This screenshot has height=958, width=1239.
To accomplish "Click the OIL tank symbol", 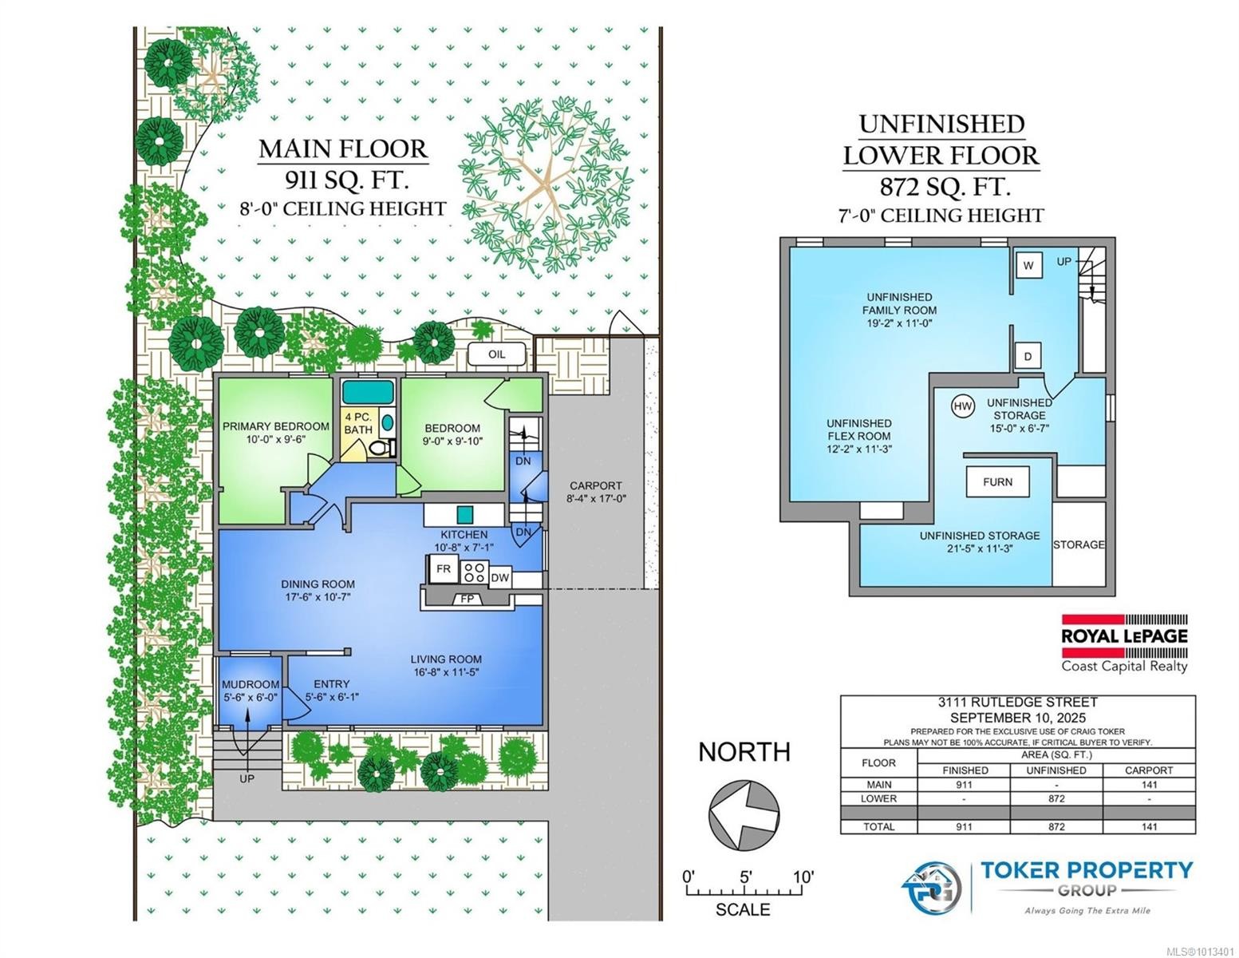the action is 496,354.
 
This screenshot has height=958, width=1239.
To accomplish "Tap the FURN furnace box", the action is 997,481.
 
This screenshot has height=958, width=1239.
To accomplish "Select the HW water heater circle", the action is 963,406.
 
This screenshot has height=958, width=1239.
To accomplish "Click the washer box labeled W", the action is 1028,265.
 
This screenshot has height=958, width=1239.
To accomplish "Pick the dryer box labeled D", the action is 1028,357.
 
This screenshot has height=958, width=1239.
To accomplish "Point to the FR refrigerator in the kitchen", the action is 443,569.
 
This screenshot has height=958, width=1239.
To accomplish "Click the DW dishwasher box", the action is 499,578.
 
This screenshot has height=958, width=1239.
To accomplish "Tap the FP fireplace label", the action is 467,600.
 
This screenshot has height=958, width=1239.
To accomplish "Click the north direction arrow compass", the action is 744,813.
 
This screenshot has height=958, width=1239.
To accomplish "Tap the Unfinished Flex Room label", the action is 859,436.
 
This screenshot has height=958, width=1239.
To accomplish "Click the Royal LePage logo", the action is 1124,643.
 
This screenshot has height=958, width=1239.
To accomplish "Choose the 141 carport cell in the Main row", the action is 1149,785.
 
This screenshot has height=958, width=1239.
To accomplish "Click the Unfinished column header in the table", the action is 1056,770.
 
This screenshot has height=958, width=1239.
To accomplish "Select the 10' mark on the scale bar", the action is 803,877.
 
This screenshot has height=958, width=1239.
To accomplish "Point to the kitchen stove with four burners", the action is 475,572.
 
